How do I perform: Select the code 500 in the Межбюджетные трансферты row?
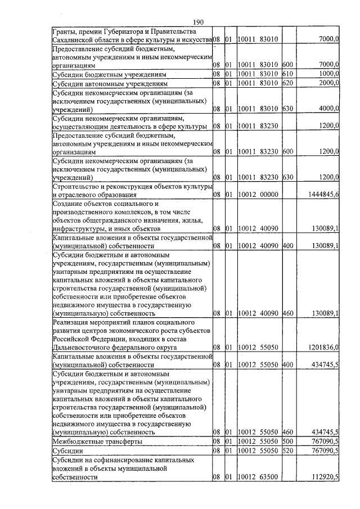click(287, 442)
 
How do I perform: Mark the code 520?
click(287, 451)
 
